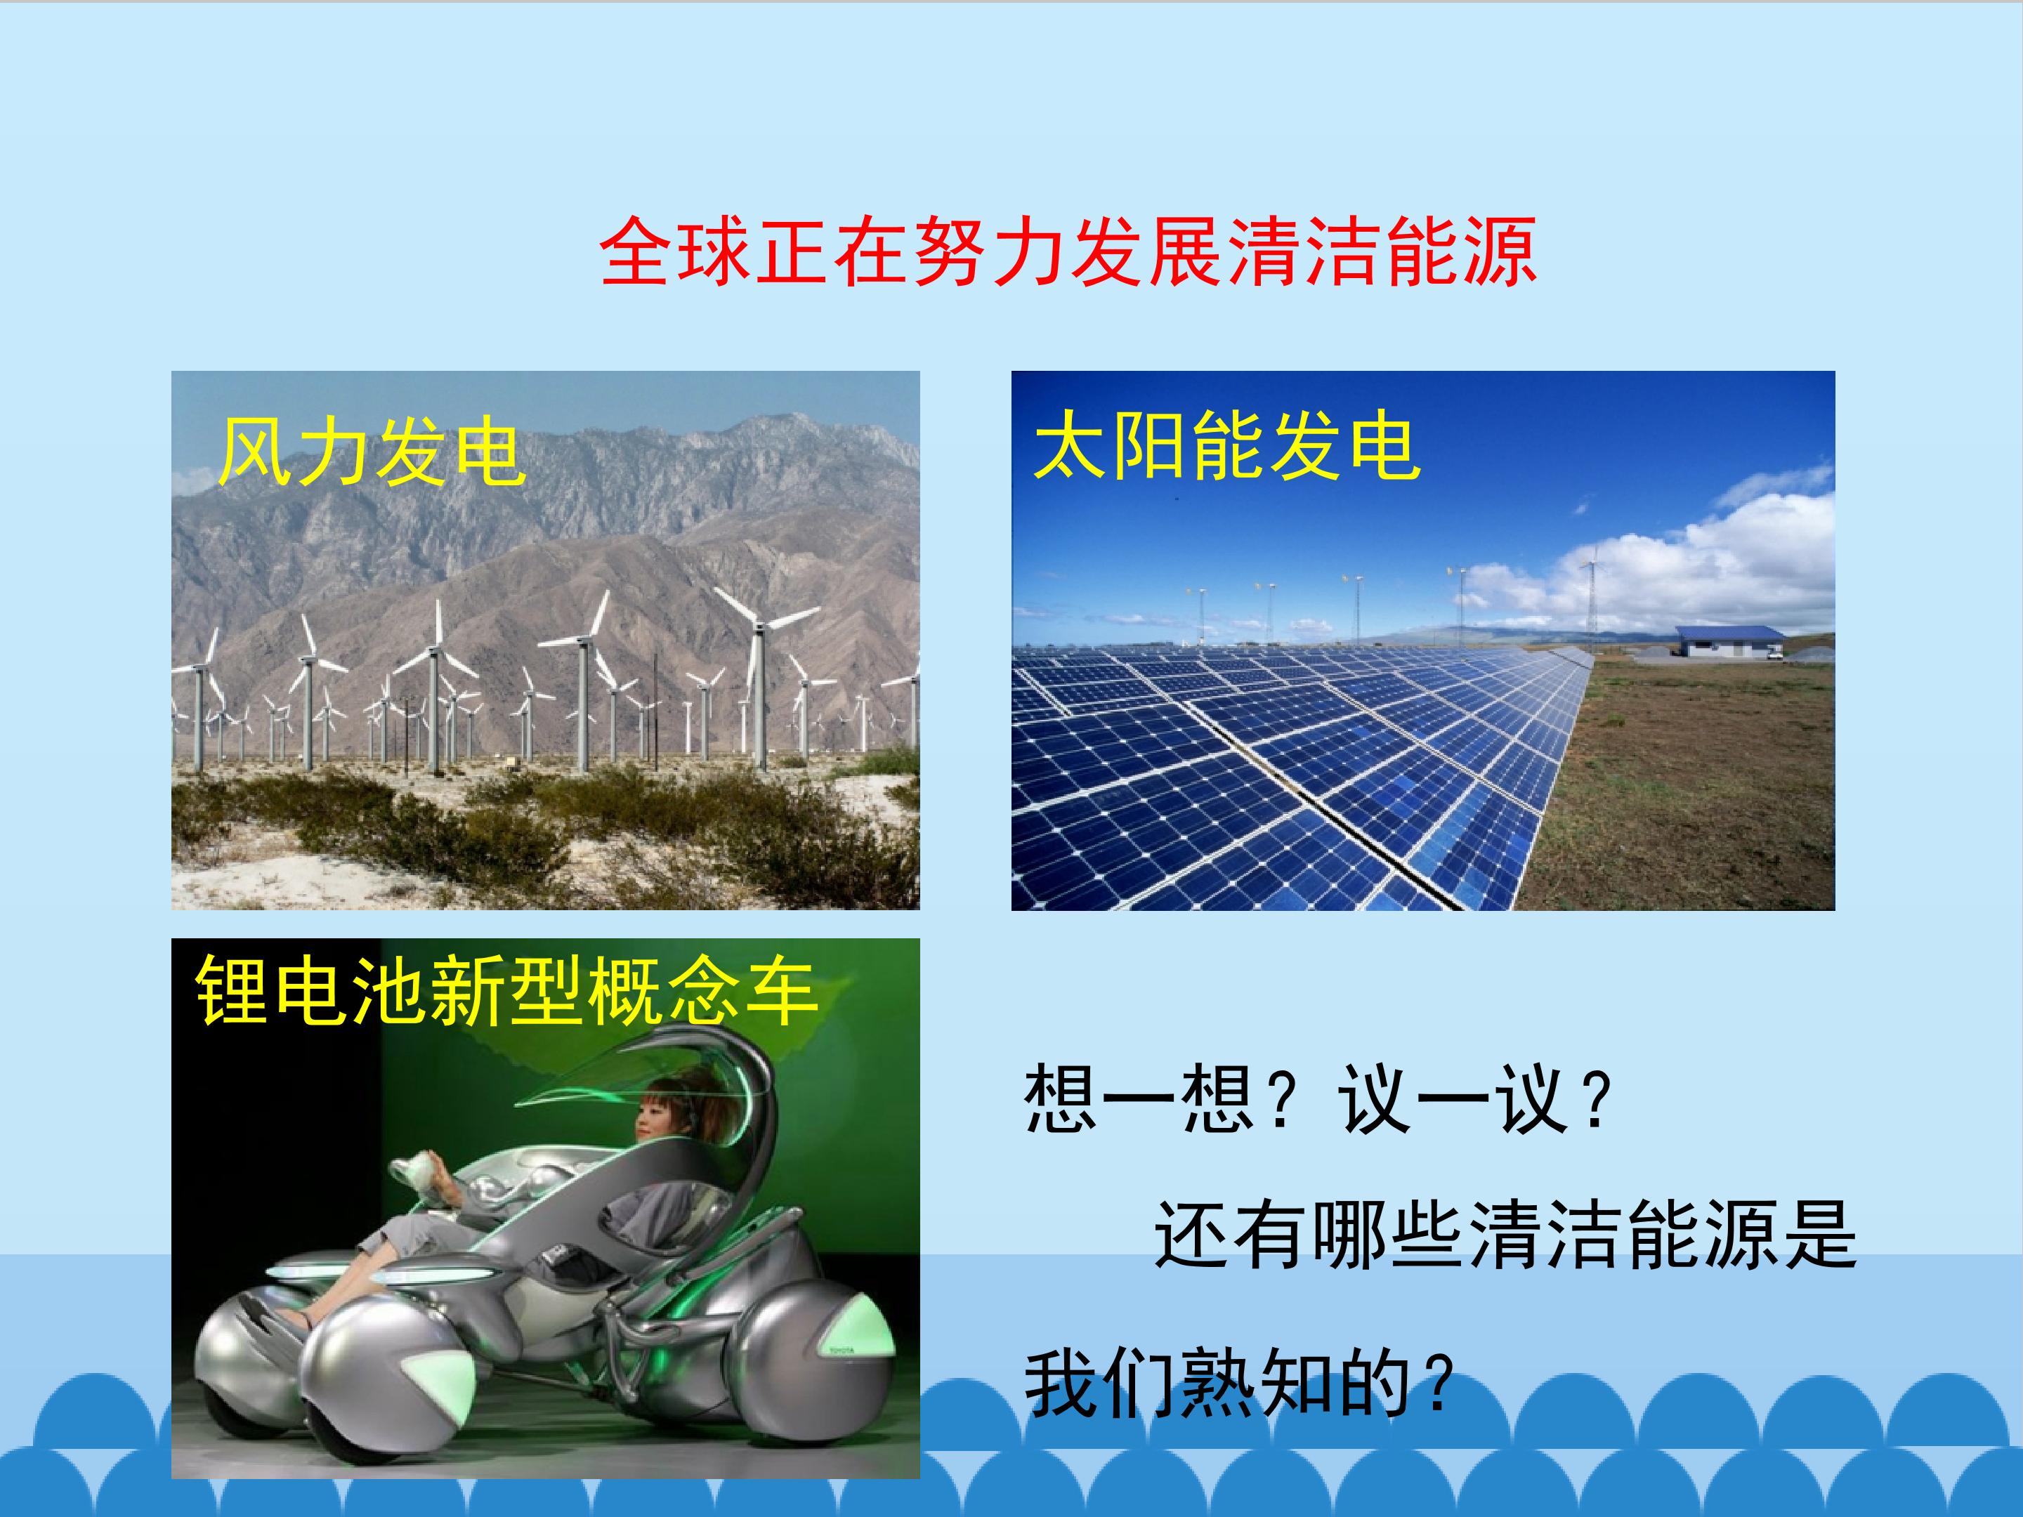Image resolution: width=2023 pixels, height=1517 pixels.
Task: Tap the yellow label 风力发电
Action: (x=372, y=451)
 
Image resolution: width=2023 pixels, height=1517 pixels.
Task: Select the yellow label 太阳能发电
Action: (x=1226, y=446)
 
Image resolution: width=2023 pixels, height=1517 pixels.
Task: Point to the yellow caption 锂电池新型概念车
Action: (x=506, y=991)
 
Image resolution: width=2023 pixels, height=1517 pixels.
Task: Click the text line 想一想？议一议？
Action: (x=1318, y=1099)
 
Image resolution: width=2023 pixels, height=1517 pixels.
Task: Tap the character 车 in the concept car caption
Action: (x=780, y=991)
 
